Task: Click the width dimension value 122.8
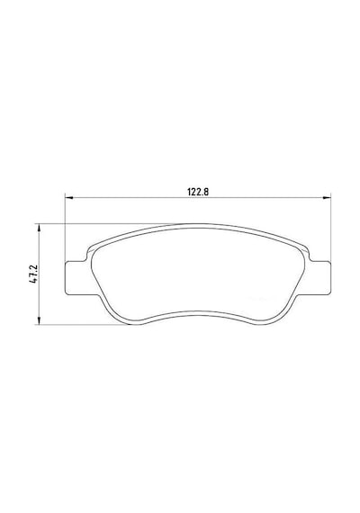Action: (198, 192)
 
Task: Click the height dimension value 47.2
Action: (35, 274)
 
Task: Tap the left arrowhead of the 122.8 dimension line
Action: (68, 197)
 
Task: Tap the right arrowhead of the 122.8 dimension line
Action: (327, 197)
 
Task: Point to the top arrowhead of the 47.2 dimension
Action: (39, 228)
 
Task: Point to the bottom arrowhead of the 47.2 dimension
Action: (39, 321)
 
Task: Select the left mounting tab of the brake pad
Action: (76, 277)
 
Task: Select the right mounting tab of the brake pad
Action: (319, 277)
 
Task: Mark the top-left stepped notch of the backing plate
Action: (87, 256)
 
